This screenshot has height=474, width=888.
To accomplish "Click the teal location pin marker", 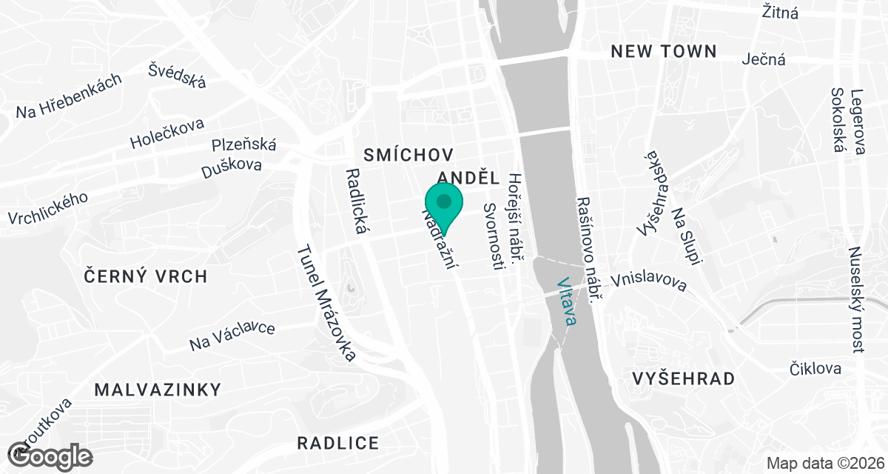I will click(x=444, y=204).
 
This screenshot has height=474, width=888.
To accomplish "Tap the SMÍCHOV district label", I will click(x=408, y=154).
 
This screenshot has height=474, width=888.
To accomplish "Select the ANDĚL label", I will click(x=469, y=178).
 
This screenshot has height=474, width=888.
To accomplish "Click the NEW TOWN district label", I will click(x=663, y=51).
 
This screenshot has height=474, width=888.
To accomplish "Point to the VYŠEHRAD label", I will click(x=684, y=379).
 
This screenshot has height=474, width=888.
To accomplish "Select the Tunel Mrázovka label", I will click(x=326, y=303).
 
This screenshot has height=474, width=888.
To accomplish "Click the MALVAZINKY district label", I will click(x=158, y=390).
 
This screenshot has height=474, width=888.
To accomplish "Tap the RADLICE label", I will click(x=338, y=444).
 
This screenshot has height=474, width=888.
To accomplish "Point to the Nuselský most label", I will click(x=856, y=299).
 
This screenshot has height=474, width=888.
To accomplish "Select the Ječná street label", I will click(x=764, y=59).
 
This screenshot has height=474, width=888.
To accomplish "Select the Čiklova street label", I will click(x=815, y=369).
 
